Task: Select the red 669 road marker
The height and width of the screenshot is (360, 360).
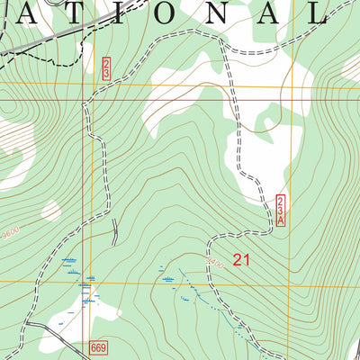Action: (x=99, y=346)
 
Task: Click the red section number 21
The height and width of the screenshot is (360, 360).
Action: (x=241, y=260)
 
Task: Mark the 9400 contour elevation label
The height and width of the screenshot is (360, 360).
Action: (x=213, y=264)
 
